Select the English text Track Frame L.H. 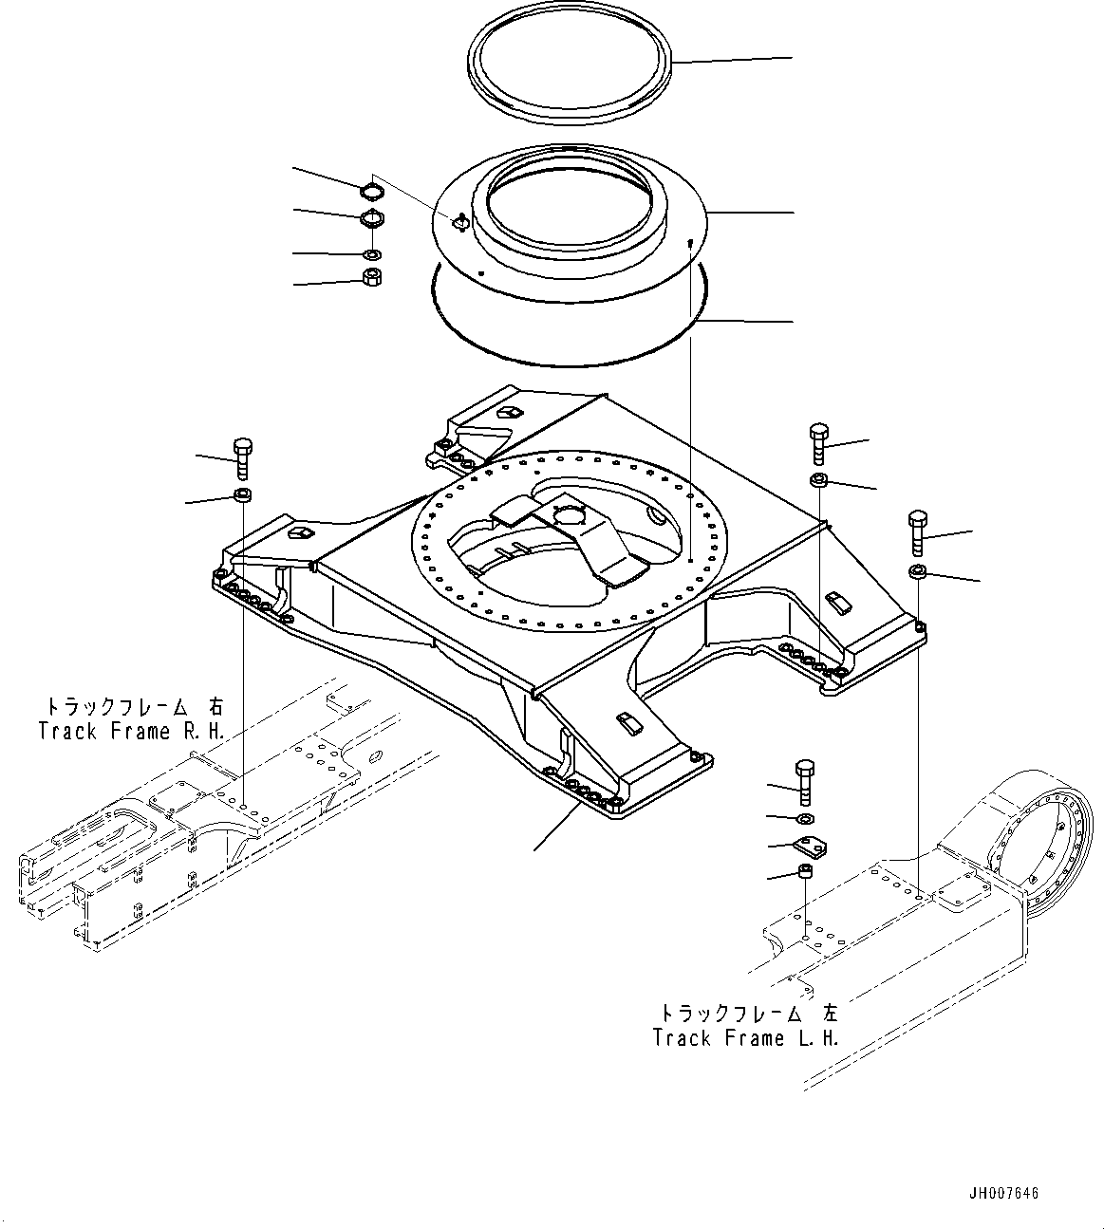pos(746,1037)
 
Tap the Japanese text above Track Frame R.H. pos(132,707)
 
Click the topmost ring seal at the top pos(573,70)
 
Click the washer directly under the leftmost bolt pos(242,494)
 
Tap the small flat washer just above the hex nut pos(373,254)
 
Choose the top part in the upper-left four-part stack pos(373,193)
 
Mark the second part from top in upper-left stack pos(373,220)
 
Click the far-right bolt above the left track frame pos(917,532)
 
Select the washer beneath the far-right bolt pos(918,571)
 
